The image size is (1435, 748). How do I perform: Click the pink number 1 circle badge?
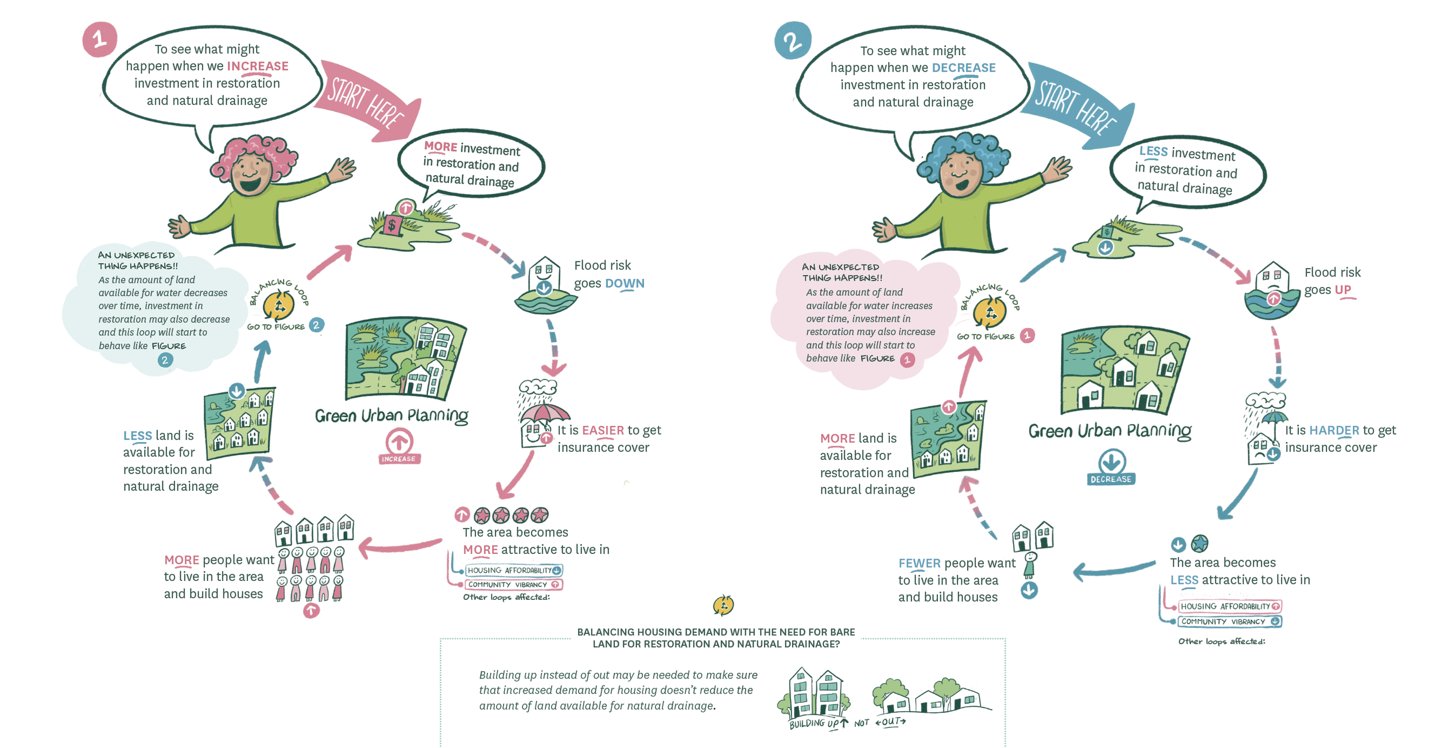[99, 39]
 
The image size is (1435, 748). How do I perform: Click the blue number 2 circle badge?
[792, 41]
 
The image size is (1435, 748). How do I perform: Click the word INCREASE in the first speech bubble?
[258, 66]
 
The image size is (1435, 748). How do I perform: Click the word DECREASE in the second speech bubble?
[963, 68]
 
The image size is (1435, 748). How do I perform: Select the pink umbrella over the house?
[544, 412]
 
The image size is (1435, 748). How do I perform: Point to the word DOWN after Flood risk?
[625, 283]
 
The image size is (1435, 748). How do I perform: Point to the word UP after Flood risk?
[1343, 289]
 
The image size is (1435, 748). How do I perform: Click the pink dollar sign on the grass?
[392, 224]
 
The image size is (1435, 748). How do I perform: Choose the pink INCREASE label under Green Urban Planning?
[399, 459]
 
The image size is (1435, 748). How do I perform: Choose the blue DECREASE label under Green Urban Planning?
[1111, 479]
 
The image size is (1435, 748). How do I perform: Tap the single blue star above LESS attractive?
[1200, 543]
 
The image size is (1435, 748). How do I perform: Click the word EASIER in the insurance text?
[603, 430]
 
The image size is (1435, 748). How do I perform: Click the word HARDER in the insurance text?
[1333, 430]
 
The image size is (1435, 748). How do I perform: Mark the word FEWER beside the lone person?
[919, 563]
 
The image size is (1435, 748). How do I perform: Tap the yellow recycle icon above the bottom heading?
[723, 605]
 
